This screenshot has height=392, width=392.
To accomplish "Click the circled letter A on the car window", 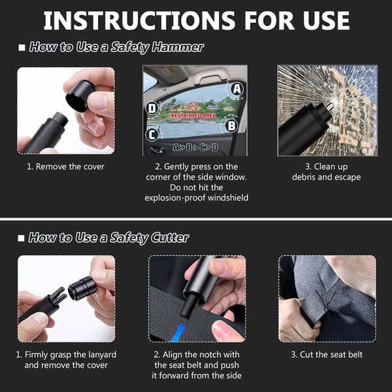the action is tap(237, 89).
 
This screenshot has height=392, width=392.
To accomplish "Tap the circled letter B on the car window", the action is tap(231, 125).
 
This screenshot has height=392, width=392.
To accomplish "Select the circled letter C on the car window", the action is tap(152, 135).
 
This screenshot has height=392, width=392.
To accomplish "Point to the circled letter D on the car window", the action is tap(152, 108).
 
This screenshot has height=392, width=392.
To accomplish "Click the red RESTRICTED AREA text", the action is tap(193, 116).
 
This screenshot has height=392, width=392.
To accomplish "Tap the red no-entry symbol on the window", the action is tap(193, 106).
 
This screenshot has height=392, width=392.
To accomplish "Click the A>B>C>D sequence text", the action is tap(195, 148).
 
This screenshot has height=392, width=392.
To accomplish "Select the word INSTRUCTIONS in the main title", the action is tap(139, 20).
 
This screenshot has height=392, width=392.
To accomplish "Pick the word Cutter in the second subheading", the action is tap(170, 237).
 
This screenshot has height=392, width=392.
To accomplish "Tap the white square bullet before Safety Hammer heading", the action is tap(22, 48).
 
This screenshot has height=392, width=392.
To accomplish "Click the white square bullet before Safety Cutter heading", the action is tap(22, 238).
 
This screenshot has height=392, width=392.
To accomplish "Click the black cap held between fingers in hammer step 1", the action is tap(80, 96).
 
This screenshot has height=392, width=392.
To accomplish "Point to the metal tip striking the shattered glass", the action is tap(330, 106).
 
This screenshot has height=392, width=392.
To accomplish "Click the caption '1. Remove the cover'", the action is tap(65, 167).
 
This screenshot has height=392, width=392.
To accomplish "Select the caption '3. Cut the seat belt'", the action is tap(327, 355).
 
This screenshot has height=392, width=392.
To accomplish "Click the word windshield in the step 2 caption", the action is tap(228, 198).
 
